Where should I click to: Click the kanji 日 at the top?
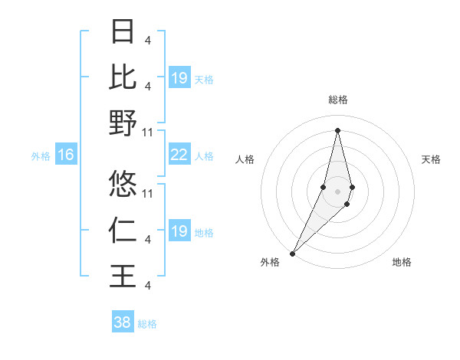pyautogui.click(x=123, y=31)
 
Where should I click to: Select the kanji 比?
pyautogui.click(x=123, y=77)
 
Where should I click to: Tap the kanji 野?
pyautogui.click(x=123, y=123)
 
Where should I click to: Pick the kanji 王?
pyautogui.click(x=123, y=275)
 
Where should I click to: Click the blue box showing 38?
pyautogui.click(x=123, y=322)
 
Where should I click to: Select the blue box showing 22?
pyautogui.click(x=179, y=155)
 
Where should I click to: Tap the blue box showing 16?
pyautogui.click(x=66, y=155)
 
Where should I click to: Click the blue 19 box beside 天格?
pyautogui.click(x=179, y=77)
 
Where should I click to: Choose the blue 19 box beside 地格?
pyautogui.click(x=179, y=231)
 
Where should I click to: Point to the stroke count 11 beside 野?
pyautogui.click(x=148, y=132)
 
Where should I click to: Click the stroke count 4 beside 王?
pyautogui.click(x=147, y=285)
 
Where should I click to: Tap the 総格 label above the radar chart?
pyautogui.click(x=337, y=100)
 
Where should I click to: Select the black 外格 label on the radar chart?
pyautogui.click(x=270, y=262)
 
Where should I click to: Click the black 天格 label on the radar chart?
pyautogui.click(x=432, y=159)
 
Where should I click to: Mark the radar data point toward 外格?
pyautogui.click(x=292, y=253)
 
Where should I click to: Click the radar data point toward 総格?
pyautogui.click(x=337, y=129)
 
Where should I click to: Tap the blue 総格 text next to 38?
pyautogui.click(x=147, y=324)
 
